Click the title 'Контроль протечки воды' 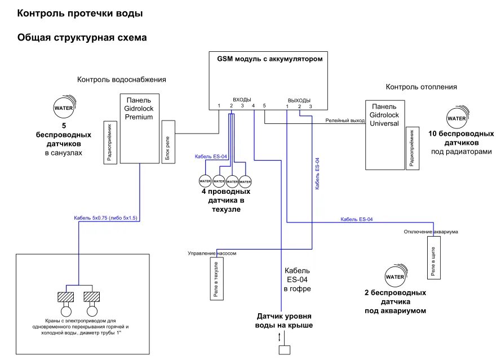tap(79, 13)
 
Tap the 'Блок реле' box tap(167, 141)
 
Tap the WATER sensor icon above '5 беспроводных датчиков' tap(63, 106)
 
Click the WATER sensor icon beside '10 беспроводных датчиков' tap(456, 118)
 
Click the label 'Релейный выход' tap(345, 121)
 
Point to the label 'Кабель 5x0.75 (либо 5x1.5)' tap(105, 217)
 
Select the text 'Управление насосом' tap(211, 254)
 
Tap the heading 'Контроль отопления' tap(421, 87)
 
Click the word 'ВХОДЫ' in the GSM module tap(242, 99)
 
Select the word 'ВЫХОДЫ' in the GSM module tap(299, 100)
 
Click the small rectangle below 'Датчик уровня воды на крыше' tap(284, 349)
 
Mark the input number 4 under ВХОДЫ tap(254, 105)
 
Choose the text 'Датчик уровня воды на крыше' tap(284, 321)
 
